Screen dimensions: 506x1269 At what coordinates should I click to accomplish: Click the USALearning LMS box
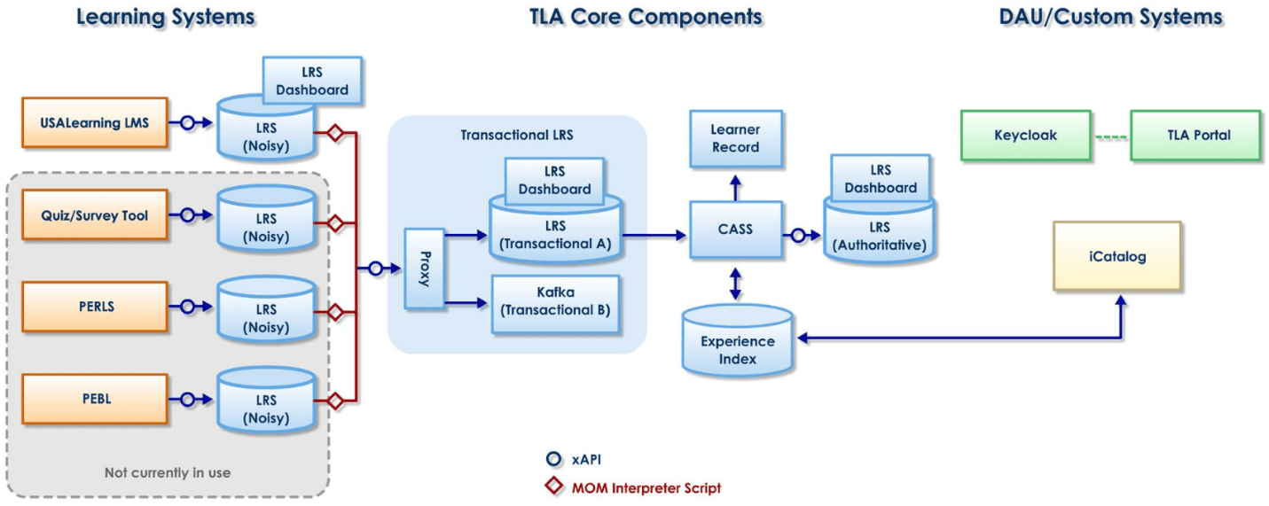pos(94,123)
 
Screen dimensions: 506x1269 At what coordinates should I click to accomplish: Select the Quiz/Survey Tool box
pos(94,214)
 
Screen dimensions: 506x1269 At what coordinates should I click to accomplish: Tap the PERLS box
pos(94,307)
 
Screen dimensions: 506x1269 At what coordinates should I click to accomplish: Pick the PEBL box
pos(94,399)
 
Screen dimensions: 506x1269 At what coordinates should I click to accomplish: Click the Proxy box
pos(423,269)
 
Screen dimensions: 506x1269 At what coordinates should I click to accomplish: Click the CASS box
pos(735,229)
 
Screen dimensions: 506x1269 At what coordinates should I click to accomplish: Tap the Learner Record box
pos(735,138)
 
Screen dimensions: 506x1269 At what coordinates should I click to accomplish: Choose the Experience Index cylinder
pos(737,346)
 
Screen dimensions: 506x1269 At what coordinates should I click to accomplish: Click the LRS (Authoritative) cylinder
pos(879,234)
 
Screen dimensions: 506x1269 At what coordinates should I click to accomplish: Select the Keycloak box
pos(1025,136)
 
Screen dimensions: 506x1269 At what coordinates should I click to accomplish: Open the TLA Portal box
pos(1195,136)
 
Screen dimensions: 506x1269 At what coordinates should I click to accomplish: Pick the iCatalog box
pos(1116,256)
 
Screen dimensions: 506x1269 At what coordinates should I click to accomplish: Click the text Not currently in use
pos(168,472)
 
